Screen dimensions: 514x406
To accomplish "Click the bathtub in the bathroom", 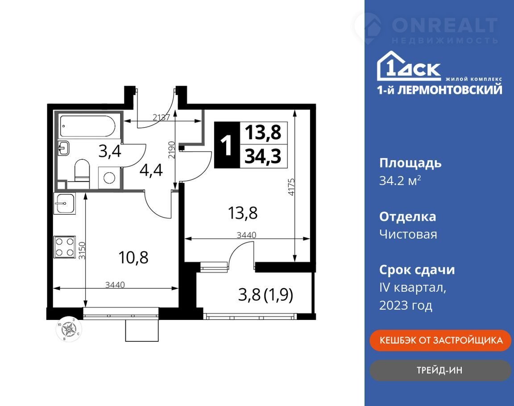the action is coord(87,126).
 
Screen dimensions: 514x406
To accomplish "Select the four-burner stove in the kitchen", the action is coord(65,247).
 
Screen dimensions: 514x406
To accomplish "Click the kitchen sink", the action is coord(65,203).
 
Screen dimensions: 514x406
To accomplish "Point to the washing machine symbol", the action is coord(109,178).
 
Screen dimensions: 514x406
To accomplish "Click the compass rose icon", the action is coord(69,329).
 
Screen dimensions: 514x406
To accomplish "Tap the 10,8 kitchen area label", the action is coord(133,257).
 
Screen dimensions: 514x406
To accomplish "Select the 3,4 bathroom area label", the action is coord(110,151).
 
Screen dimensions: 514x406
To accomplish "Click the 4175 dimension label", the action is coord(291,187).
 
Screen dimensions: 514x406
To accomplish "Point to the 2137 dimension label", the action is coord(162,117).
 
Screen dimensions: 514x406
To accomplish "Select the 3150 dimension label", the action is coord(82,251).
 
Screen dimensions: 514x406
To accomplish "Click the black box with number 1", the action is coord(227,145).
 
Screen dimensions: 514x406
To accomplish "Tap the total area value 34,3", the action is coord(263,156).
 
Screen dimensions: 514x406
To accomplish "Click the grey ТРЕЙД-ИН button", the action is coord(440,370).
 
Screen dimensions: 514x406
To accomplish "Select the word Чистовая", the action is coord(408,234).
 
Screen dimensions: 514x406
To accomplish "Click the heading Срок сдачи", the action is coord(417,270).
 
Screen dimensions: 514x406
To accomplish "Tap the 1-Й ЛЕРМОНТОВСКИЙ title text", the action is coord(439,90).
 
